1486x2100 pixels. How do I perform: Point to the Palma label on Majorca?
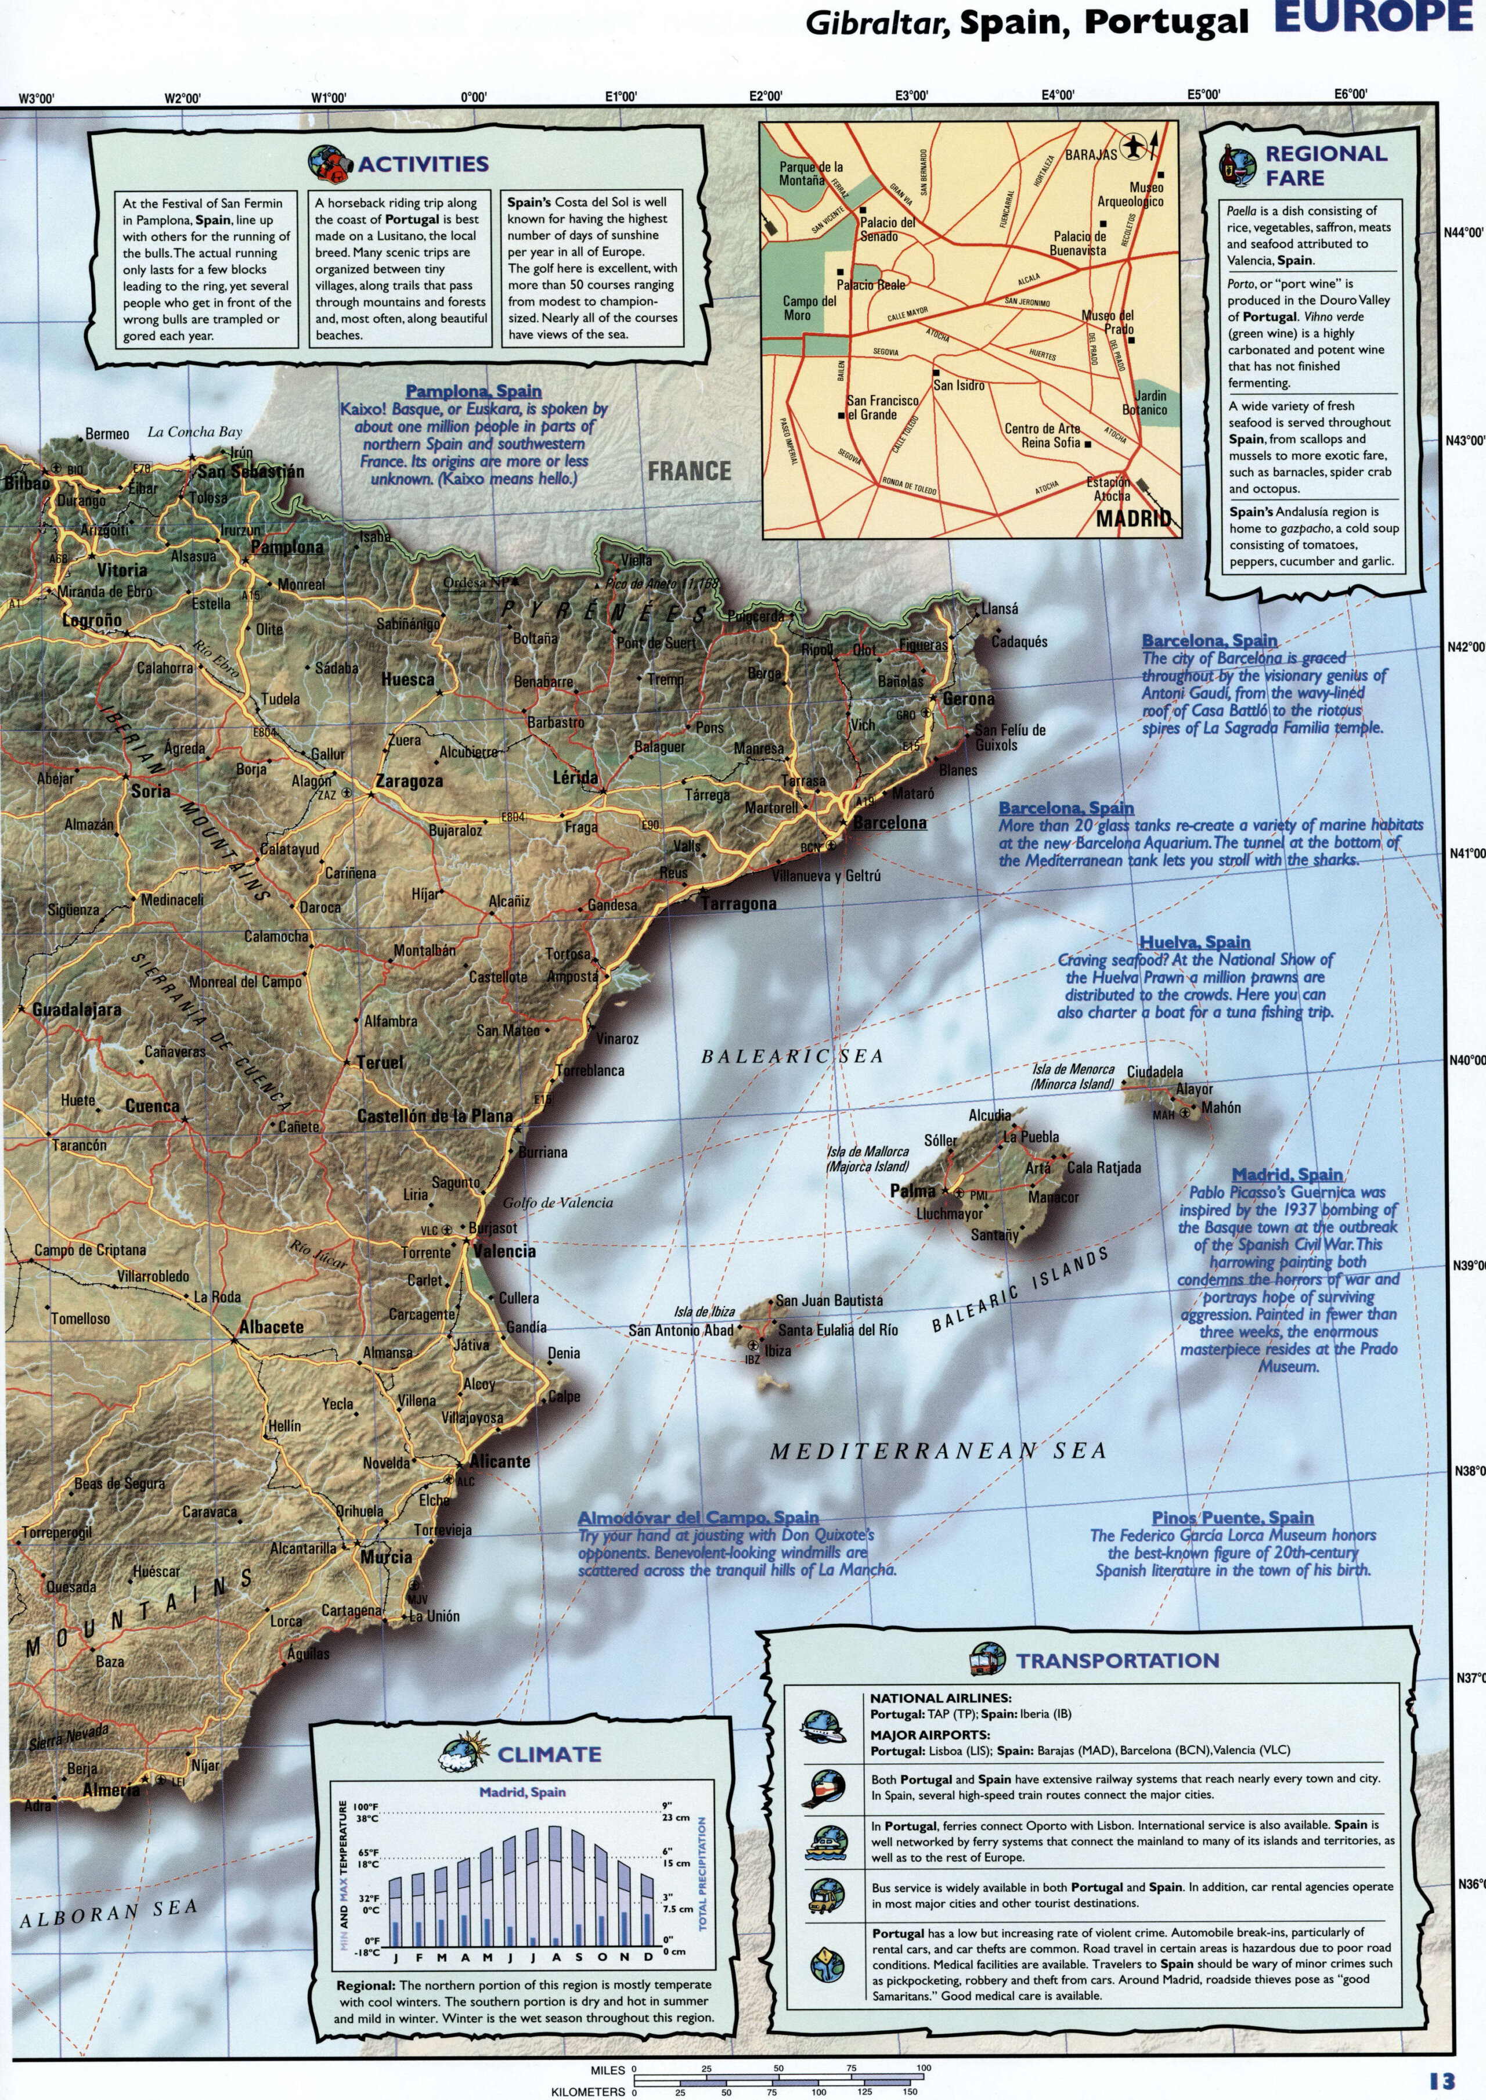pos(912,1190)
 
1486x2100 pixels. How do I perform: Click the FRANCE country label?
pos(689,471)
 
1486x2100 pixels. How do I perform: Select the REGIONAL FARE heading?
pos(1325,165)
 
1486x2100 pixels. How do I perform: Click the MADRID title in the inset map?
pos(1133,519)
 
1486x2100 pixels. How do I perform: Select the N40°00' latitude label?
pos(1465,1061)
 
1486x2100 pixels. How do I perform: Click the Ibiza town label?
pos(778,1350)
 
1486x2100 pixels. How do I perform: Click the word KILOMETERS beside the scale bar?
pos(589,2091)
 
